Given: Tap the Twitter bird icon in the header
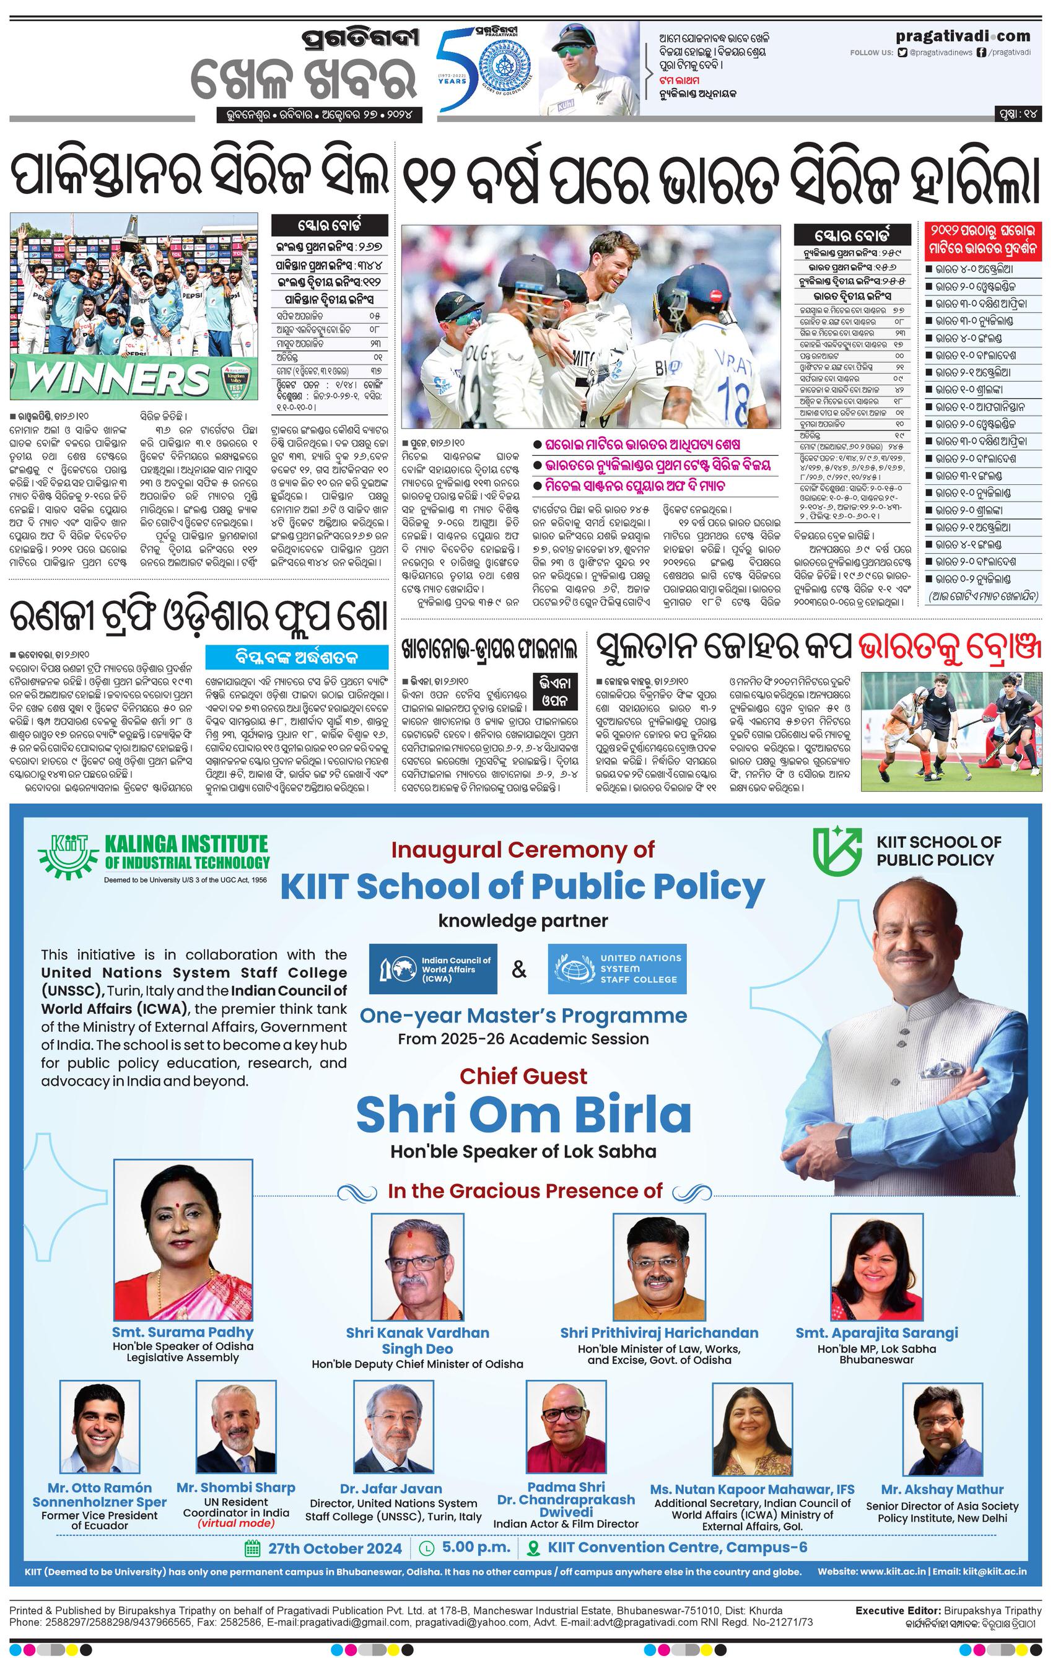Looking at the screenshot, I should pyautogui.click(x=903, y=52).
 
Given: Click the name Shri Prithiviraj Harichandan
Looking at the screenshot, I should pyautogui.click(x=659, y=1332).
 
